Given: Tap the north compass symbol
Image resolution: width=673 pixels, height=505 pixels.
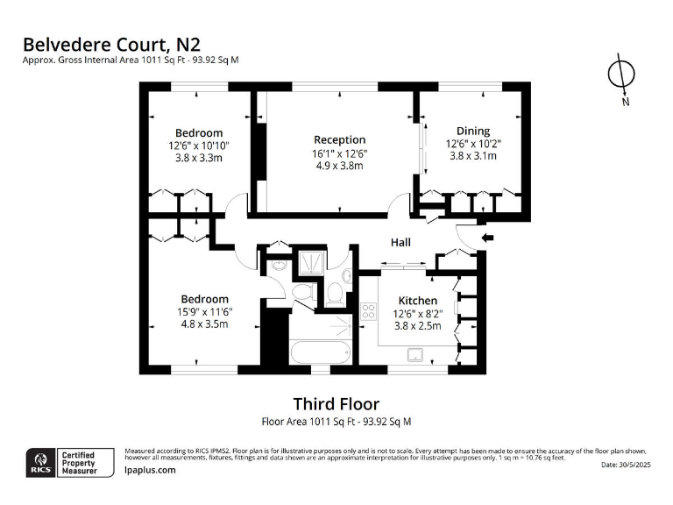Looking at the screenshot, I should click(621, 75).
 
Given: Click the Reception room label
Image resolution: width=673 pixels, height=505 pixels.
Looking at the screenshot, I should click(339, 139).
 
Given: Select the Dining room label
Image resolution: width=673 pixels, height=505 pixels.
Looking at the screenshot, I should click(473, 131).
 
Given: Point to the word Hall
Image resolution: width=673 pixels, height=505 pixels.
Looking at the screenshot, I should click(400, 243).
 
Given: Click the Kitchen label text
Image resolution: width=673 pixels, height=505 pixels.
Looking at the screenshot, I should click(418, 301).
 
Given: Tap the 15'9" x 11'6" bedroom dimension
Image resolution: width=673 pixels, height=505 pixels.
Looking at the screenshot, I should click(204, 311).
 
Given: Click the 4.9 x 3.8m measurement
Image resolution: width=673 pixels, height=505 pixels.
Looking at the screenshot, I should click(339, 165).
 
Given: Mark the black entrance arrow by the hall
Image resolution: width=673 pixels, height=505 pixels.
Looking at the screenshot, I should click(488, 238).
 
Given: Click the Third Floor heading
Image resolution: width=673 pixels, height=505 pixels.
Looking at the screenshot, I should click(336, 404).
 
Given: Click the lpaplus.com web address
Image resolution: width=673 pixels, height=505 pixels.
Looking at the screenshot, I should click(151, 470).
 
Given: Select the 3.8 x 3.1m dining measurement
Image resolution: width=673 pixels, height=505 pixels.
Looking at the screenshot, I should click(473, 156).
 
